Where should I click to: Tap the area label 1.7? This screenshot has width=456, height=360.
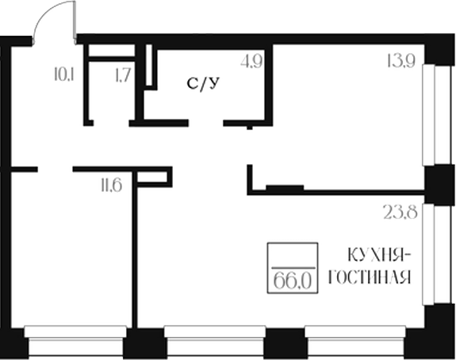[x=123, y=76]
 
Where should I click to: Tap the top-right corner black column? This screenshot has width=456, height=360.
[x=439, y=49]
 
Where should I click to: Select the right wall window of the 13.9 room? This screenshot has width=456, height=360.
[x=431, y=116]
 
